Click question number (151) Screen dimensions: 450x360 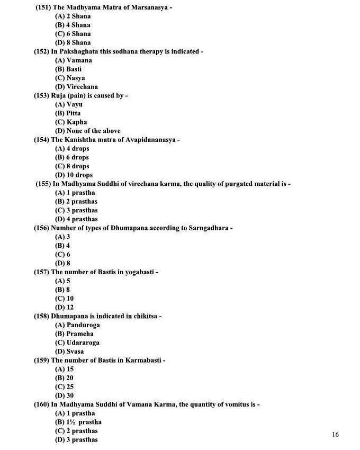point(43,7)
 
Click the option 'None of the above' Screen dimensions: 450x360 point(87,131)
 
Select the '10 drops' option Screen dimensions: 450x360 point(74,175)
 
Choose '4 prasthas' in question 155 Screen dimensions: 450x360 point(76,219)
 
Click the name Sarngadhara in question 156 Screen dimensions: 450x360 point(206,228)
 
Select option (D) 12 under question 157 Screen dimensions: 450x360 point(64,307)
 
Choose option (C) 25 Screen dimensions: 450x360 point(64,386)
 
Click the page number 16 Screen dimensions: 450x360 point(335,435)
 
